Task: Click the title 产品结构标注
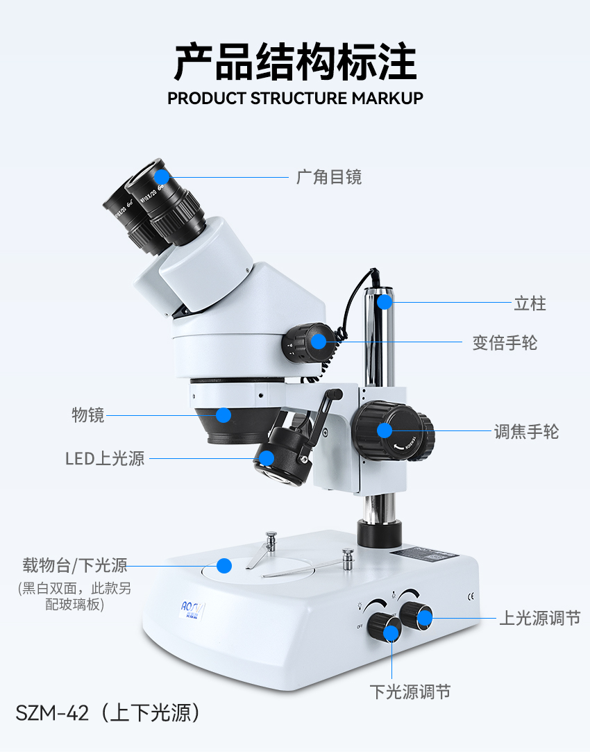[295, 62]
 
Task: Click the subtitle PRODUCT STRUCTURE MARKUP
[295, 98]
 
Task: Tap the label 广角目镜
[328, 177]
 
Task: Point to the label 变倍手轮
[505, 342]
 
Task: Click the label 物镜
[88, 415]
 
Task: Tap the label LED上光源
[105, 458]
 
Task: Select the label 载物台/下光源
[74, 565]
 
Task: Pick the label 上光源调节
[539, 618]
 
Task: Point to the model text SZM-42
[52, 713]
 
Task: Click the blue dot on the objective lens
[223, 415]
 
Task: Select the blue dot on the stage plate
[224, 565]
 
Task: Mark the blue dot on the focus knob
[385, 430]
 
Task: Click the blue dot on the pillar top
[384, 302]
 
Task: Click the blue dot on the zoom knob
[319, 341]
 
